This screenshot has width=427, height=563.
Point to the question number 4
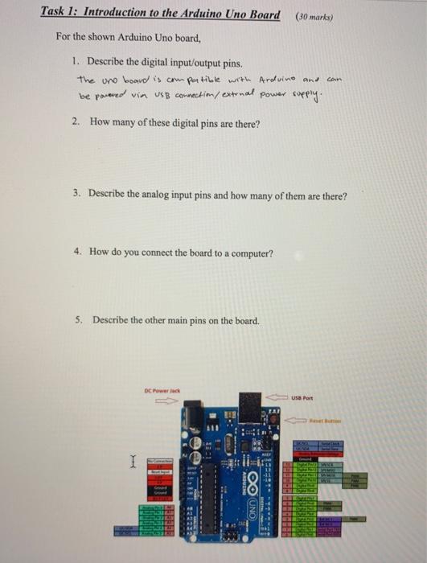click(x=76, y=252)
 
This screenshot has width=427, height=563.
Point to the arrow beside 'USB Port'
click(x=278, y=395)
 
